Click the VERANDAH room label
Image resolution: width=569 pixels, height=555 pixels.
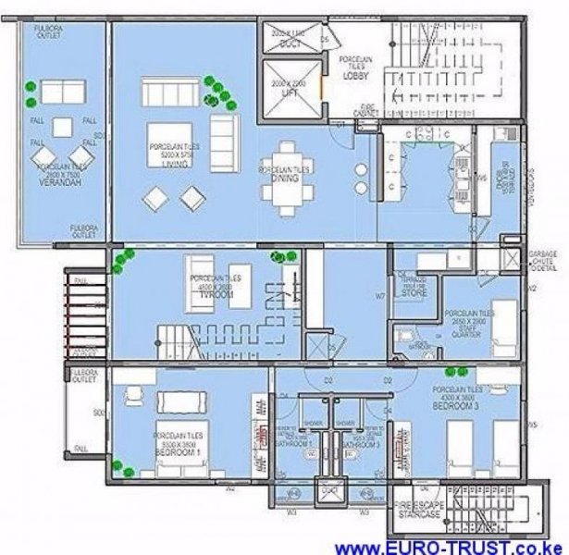56,182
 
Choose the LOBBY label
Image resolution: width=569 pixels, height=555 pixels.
355,77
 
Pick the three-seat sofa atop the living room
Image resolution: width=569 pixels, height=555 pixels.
169,92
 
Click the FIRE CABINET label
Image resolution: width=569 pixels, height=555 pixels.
367,112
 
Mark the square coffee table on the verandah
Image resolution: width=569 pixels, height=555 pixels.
63,126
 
